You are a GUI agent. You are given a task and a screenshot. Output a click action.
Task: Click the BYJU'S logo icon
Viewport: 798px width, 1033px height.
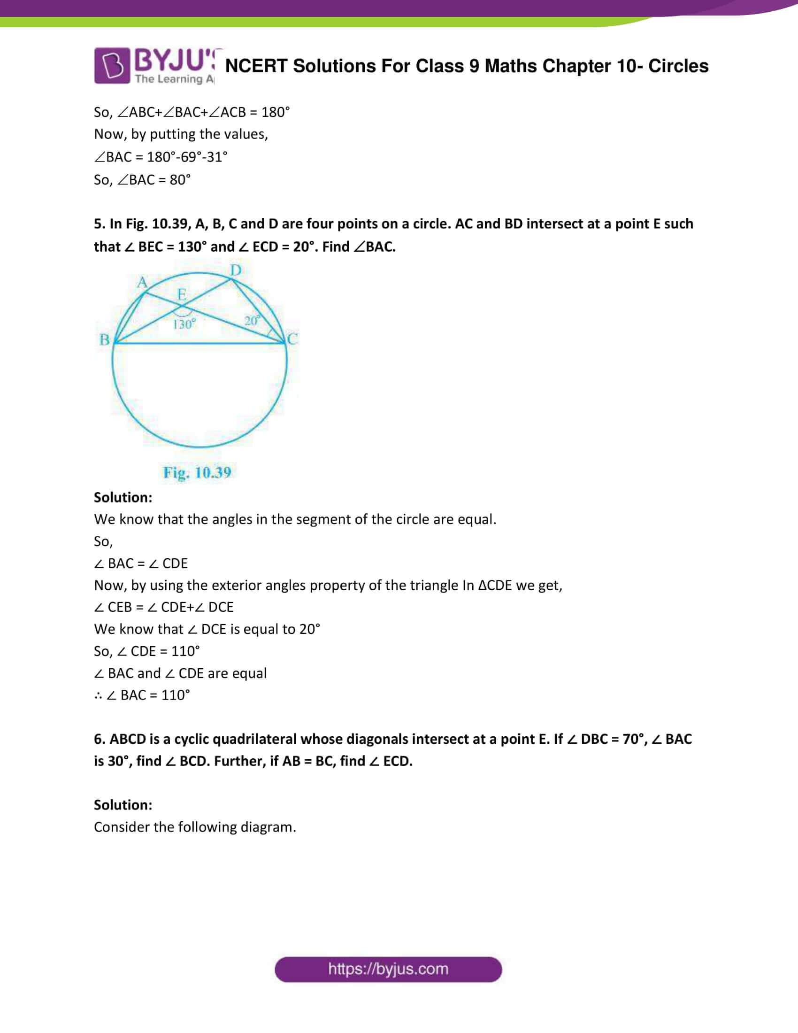112,65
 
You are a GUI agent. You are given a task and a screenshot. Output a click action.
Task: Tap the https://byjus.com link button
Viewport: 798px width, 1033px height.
388,969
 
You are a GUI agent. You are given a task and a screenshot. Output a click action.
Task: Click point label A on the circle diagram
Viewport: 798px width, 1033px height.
142,282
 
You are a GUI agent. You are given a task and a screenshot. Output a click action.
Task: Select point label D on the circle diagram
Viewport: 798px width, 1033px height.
236,270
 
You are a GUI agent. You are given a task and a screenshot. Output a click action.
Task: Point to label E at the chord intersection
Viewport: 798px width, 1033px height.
182,294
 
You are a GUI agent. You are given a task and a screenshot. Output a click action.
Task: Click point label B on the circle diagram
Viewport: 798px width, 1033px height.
105,339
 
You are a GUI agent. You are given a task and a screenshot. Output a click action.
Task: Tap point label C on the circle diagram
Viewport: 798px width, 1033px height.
292,339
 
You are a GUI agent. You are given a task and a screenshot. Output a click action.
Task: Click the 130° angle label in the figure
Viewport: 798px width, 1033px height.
184,324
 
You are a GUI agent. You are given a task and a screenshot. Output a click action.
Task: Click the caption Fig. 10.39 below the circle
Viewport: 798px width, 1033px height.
197,472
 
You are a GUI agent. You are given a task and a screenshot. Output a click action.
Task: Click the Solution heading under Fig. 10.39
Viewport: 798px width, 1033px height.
123,497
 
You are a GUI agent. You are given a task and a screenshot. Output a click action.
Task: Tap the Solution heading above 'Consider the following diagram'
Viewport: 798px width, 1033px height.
123,804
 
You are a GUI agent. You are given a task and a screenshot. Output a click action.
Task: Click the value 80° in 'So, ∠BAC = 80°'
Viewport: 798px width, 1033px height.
180,180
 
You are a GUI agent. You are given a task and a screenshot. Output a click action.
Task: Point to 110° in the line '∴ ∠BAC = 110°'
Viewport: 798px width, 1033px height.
176,695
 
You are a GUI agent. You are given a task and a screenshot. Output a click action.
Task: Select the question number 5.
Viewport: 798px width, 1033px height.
99,224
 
